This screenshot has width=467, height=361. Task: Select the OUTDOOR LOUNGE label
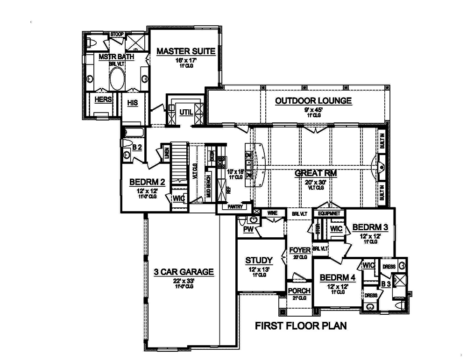point(313,100)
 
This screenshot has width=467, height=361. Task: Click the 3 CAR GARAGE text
point(184,271)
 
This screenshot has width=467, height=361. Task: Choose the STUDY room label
point(259,260)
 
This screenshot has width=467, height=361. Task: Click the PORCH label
point(299,290)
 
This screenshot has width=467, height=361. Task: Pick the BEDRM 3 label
point(370,227)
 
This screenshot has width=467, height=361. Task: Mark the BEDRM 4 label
point(338,277)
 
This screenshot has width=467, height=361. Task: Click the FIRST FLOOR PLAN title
point(301,326)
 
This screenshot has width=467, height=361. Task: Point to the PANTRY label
point(234,206)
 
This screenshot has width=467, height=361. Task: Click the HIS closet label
point(133,103)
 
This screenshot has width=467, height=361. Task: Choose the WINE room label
point(273,213)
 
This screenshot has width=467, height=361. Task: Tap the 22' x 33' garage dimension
point(184,281)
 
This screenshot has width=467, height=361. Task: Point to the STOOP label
point(116,35)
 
